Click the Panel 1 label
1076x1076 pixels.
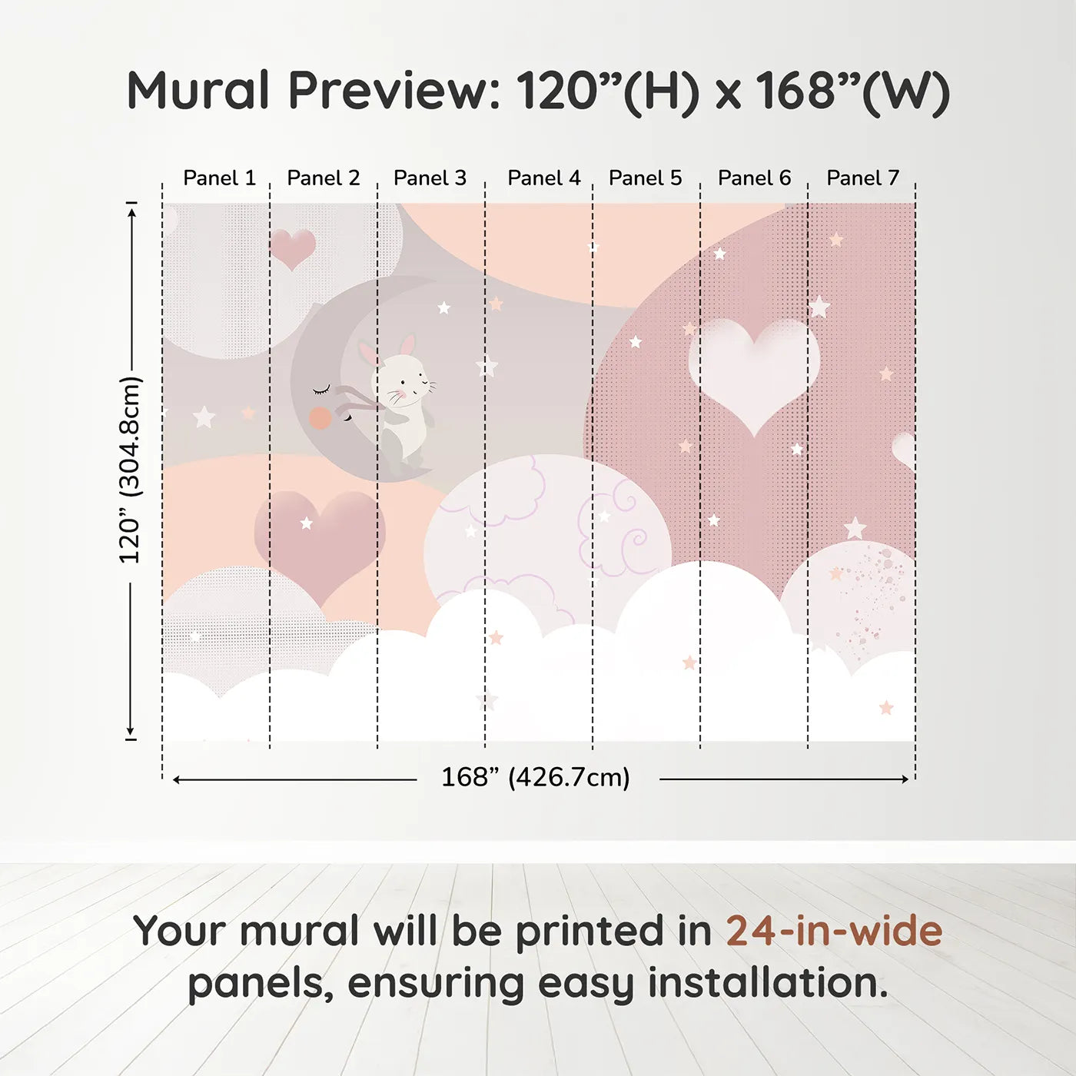(220, 178)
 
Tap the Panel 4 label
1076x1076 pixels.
(544, 178)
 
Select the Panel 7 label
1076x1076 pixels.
(862, 178)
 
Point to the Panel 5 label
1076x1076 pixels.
(645, 178)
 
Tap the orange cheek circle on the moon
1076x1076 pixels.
(320, 418)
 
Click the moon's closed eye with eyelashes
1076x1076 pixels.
(321, 389)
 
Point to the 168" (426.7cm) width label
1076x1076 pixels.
(536, 777)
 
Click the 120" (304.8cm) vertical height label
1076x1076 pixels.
(130, 470)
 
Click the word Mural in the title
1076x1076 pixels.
(198, 90)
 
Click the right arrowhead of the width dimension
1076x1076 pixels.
(905, 779)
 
